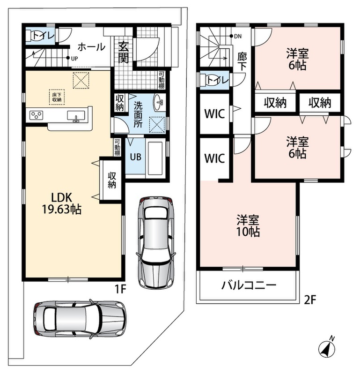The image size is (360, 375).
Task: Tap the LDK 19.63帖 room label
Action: point(62,203)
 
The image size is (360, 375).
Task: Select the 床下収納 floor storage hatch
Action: point(57,97)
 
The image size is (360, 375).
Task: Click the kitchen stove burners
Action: point(37,115)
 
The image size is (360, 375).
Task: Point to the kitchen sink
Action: point(76,116)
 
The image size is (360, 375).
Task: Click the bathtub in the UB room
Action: point(155,158)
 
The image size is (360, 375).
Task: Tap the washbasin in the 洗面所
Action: point(158,102)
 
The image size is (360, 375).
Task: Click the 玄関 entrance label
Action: point(124,52)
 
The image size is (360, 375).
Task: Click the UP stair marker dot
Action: point(68,58)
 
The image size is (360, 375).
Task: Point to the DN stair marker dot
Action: point(231,36)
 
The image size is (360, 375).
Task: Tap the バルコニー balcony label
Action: point(249,285)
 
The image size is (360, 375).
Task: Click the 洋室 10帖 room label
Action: point(248,225)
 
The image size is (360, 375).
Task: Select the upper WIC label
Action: point(214,114)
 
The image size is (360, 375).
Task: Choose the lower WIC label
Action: point(214,158)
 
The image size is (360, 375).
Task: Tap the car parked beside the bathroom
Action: point(156,242)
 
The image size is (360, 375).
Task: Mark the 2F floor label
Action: point(310,300)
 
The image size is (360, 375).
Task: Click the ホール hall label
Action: point(91,47)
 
